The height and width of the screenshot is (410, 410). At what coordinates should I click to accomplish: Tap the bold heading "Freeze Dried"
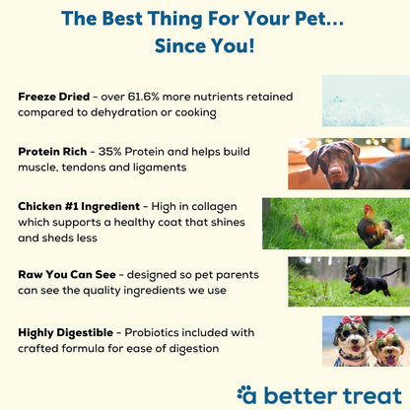53,98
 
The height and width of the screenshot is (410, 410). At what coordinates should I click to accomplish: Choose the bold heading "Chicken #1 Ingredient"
84,208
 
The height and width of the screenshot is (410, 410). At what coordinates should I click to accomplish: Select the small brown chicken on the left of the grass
299,224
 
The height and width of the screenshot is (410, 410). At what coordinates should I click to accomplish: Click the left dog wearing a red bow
350,345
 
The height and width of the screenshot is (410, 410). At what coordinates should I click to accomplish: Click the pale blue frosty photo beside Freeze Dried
366,101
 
